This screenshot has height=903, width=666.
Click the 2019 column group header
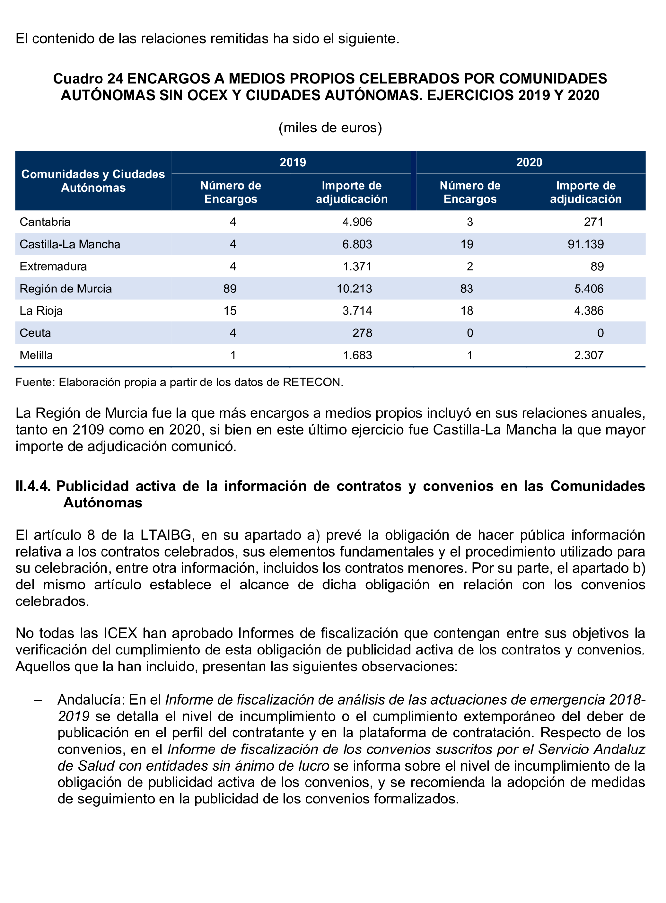coord(293,162)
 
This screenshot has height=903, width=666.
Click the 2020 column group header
coord(529,162)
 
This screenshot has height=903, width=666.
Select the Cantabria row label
coord(45,222)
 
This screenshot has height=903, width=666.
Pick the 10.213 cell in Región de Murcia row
coord(354,289)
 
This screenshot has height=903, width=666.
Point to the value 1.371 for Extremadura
coord(357,267)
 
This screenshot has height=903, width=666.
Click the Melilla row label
coord(36,356)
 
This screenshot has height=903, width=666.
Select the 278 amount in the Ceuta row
coord(362,333)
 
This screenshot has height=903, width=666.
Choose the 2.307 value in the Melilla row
coord(589,356)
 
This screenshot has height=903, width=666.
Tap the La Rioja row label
coord(41,311)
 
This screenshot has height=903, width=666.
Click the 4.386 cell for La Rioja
coord(589,311)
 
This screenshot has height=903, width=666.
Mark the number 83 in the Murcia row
coord(467,289)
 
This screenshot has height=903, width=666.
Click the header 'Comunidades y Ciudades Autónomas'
coord(93,181)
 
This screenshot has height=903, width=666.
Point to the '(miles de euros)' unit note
coord(330,128)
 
